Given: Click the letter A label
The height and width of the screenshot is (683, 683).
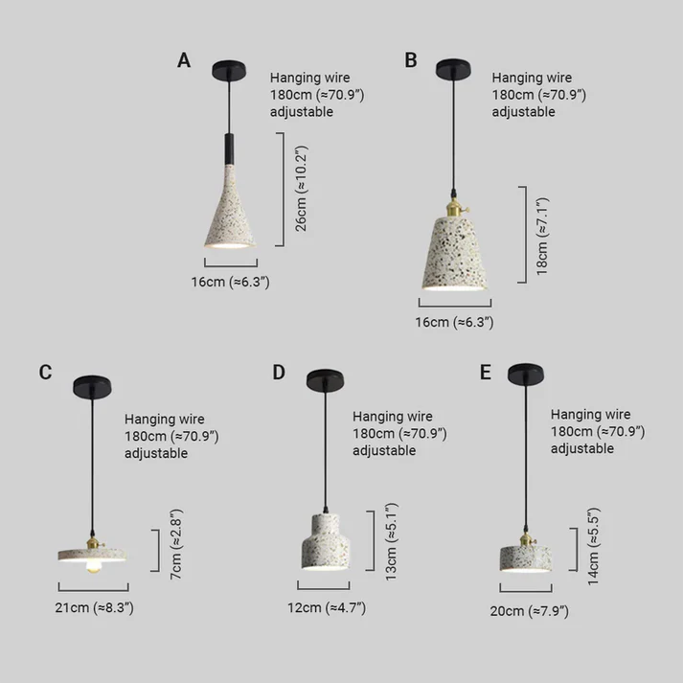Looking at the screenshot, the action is (184, 60).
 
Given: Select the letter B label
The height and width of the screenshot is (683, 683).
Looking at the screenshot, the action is (411, 60).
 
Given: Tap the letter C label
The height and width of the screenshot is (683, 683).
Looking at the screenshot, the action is (45, 372).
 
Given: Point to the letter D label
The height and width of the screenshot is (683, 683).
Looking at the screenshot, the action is (279, 372).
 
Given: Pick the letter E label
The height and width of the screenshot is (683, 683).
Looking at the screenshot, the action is (486, 372).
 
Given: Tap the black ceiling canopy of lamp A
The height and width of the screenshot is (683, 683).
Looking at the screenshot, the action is (229, 70).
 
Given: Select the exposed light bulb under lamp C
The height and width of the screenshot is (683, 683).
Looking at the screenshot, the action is (93, 565).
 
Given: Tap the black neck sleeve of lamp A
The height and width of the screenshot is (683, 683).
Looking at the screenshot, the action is (229, 149).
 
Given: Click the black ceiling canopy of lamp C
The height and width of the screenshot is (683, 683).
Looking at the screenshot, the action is (92, 386).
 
